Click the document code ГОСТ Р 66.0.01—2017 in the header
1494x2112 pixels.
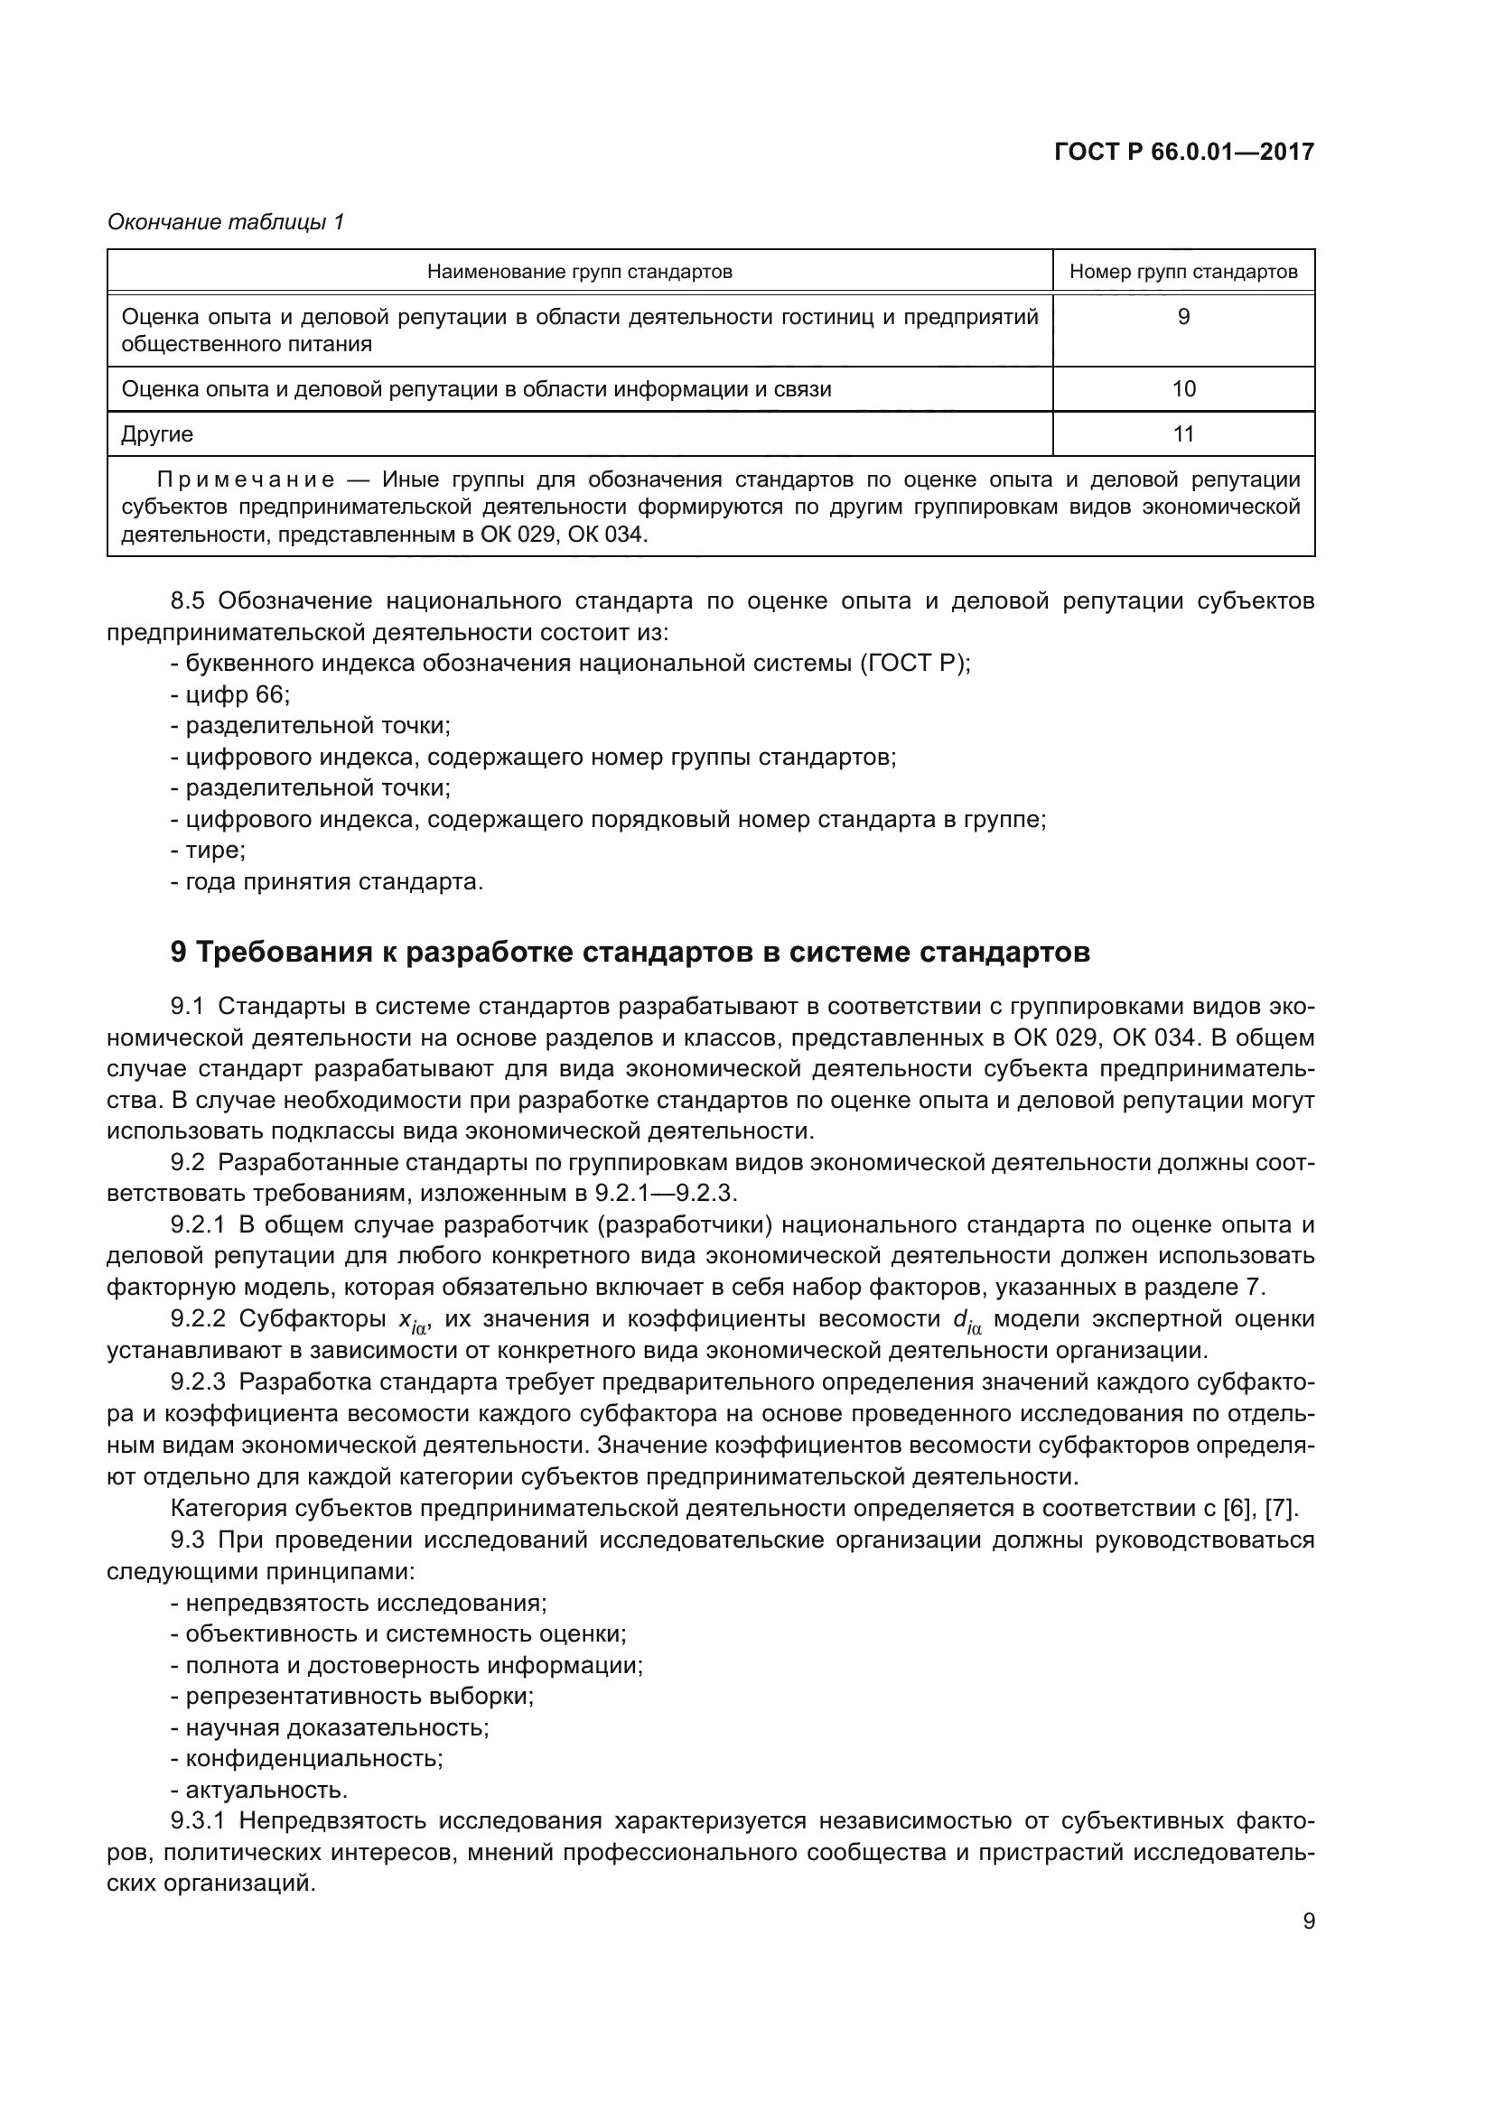(x=1183, y=153)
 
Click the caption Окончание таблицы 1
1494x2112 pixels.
(x=226, y=222)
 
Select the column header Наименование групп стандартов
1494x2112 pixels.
(x=580, y=272)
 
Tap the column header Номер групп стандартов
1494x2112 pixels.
(x=1183, y=272)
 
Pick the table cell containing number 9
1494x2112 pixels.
(x=1183, y=317)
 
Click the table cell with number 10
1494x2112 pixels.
(x=1183, y=389)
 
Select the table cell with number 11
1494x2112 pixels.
(x=1183, y=434)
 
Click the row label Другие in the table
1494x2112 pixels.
(x=157, y=434)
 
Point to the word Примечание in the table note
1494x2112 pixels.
(x=246, y=480)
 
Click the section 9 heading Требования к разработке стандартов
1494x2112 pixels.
(x=630, y=952)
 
